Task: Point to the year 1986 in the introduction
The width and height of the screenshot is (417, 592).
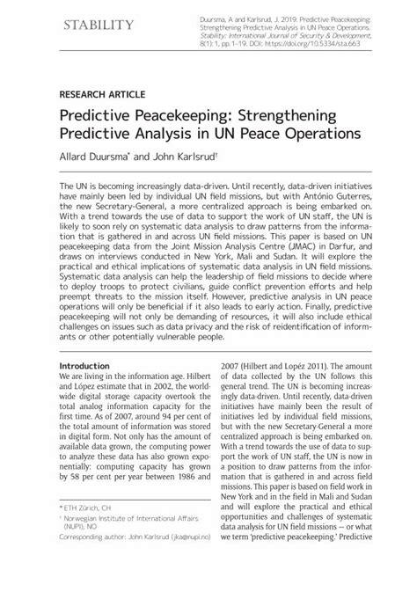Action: click(186, 502)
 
